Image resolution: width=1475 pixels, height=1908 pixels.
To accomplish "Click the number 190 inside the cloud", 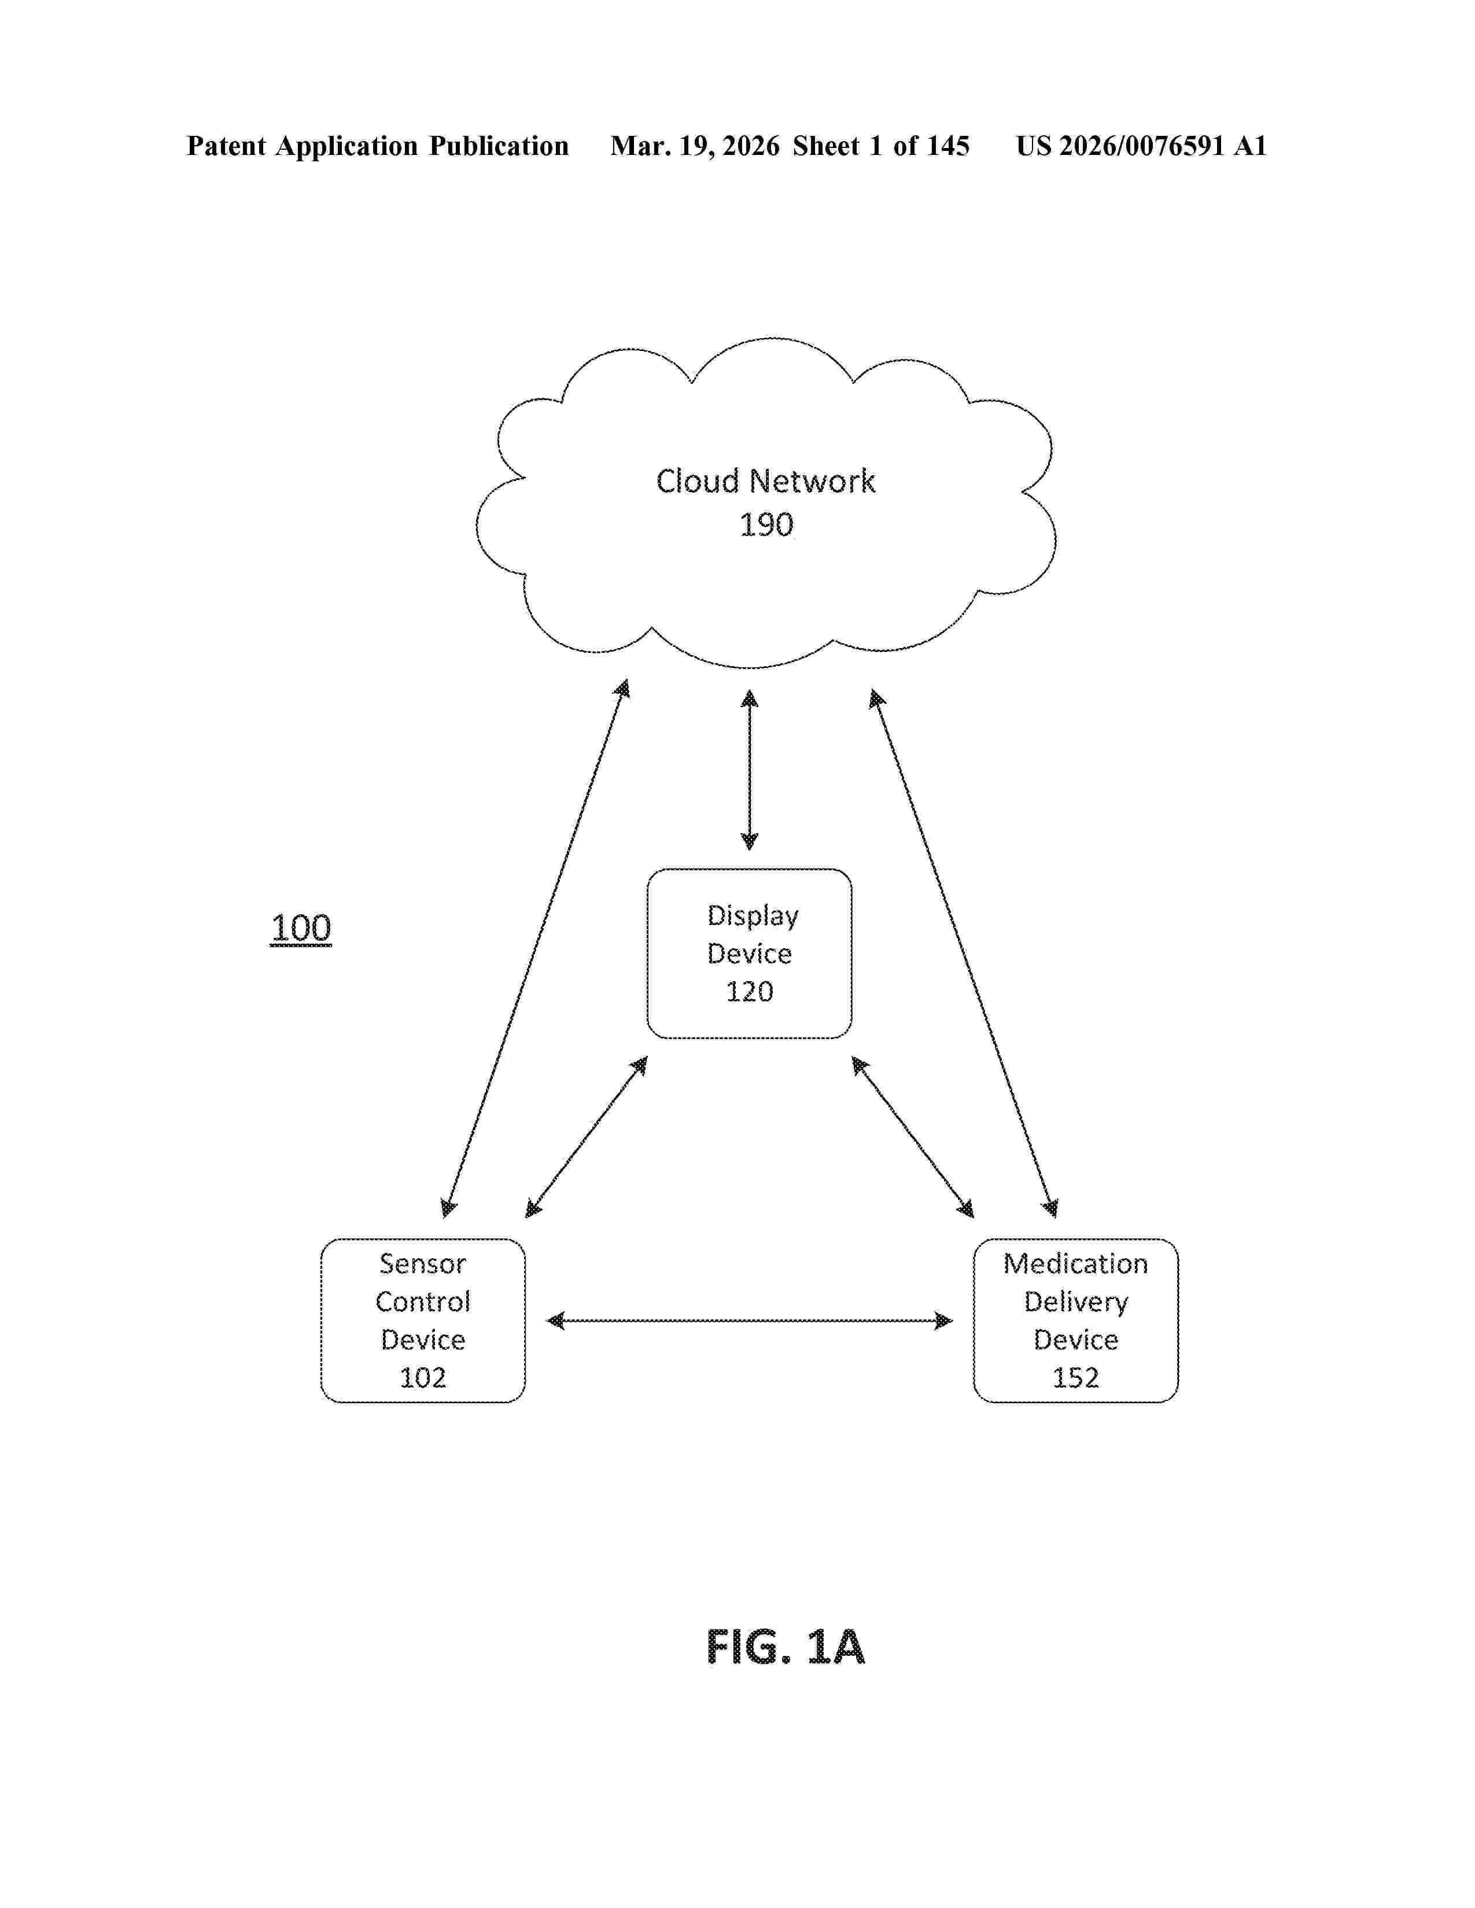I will click(766, 525).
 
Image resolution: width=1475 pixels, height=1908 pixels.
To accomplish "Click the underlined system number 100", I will click(301, 928).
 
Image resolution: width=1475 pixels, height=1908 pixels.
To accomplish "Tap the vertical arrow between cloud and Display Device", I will click(749, 769).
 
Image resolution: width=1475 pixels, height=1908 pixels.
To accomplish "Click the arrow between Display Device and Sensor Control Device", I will click(587, 1137).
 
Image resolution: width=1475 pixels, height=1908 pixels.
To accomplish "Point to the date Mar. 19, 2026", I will click(695, 146).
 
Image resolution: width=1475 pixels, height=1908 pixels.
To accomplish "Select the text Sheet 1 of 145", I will click(881, 146).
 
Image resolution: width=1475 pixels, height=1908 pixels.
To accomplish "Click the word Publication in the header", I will click(498, 146).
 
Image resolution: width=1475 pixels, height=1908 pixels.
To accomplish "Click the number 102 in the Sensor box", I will click(423, 1378).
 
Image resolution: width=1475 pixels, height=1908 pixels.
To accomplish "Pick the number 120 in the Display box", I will click(749, 992).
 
